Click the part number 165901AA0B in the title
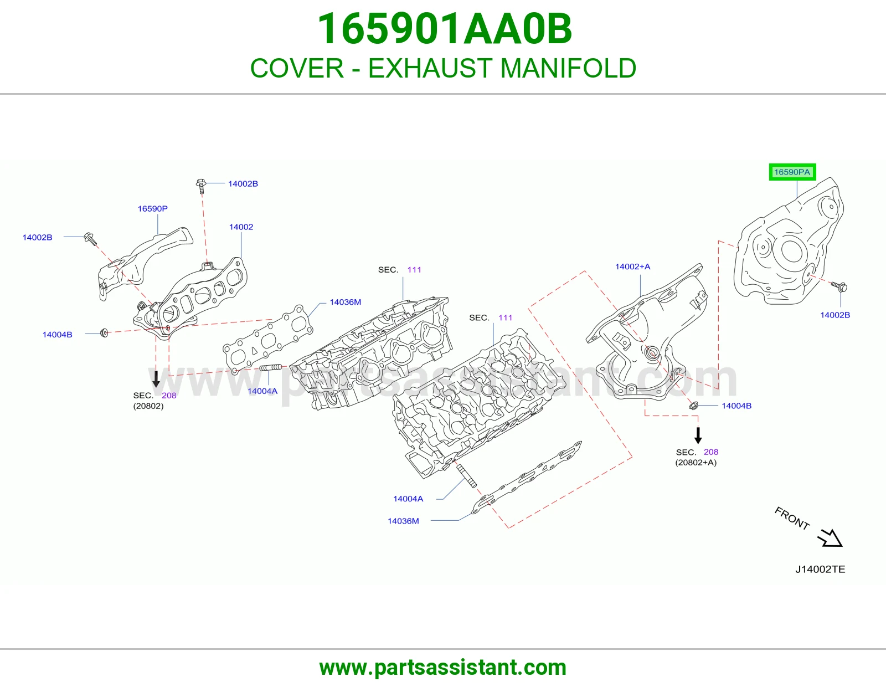tap(445, 29)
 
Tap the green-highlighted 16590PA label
tap(792, 172)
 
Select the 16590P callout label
tap(152, 208)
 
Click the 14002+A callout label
tap(633, 266)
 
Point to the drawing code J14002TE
tap(820, 569)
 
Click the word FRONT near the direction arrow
tap(792, 518)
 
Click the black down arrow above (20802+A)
tap(698, 435)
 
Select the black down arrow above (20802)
tap(156, 379)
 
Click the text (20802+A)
tap(696, 463)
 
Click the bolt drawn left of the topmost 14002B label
tap(200, 186)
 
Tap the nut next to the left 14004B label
tap(104, 333)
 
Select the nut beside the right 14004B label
tap(693, 405)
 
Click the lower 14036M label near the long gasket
tap(403, 521)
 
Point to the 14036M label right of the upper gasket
tap(346, 302)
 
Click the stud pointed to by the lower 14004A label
tap(466, 476)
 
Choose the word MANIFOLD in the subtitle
tap(568, 68)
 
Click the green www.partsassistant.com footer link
tap(443, 668)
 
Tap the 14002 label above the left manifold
tap(241, 227)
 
